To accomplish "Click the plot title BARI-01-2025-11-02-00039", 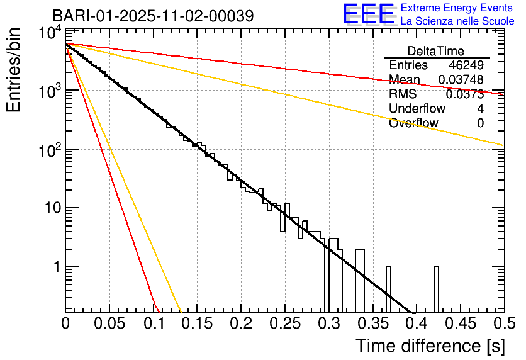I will [x=153, y=16].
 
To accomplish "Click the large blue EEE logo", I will [x=367, y=14].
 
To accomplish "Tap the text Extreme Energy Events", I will [x=457, y=8].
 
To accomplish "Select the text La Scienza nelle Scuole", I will [x=457, y=21].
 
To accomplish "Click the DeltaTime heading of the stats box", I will [x=436, y=51].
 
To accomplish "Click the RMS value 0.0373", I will [x=465, y=94].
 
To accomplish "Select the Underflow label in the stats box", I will [x=417, y=109].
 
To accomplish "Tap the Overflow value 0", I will [x=480, y=123].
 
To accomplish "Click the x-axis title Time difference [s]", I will [x=430, y=346].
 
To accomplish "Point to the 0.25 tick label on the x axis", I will [x=284, y=323].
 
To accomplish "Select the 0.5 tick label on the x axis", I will [x=503, y=323].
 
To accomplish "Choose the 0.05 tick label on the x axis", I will [x=109, y=323].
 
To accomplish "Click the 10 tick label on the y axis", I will [x=50, y=208].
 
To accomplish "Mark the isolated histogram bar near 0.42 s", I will [x=436, y=290].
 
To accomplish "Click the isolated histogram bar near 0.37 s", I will [x=388, y=290].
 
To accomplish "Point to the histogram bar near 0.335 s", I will [x=360, y=281].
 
